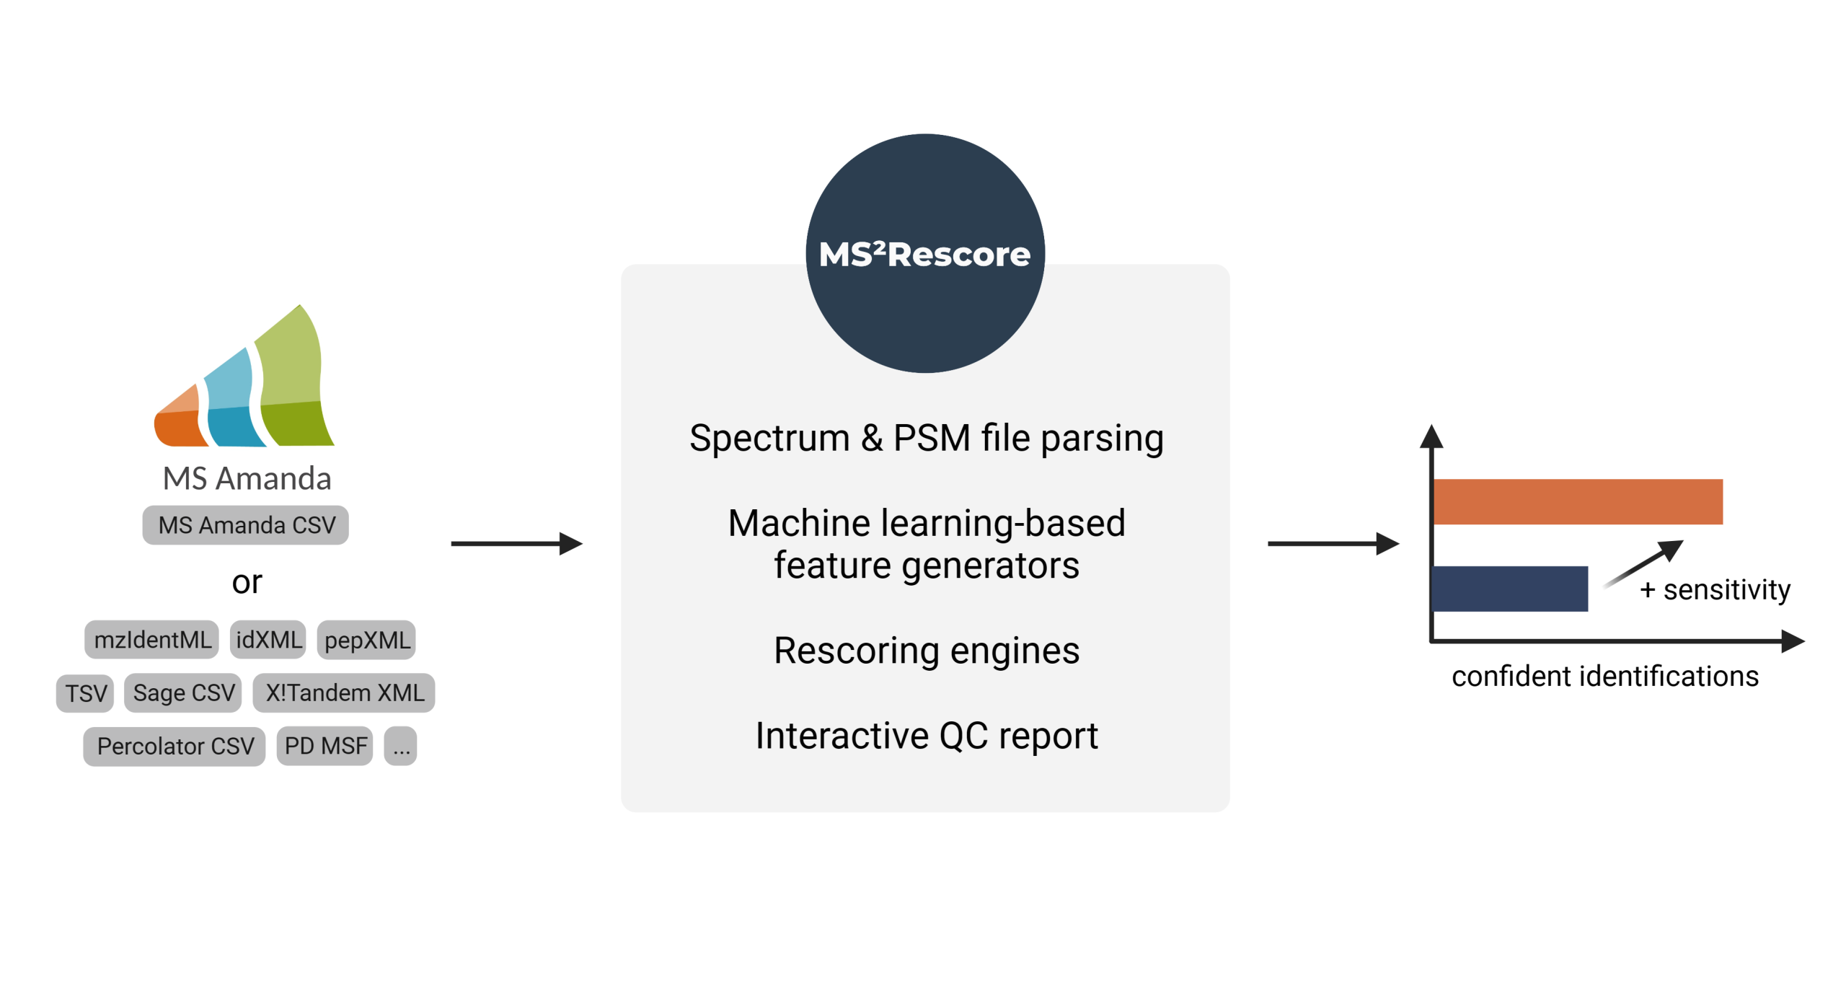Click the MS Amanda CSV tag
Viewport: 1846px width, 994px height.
245,524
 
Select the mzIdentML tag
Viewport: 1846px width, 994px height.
151,639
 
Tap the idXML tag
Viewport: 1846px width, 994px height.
268,639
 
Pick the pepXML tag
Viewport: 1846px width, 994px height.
366,639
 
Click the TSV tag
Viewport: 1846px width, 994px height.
85,692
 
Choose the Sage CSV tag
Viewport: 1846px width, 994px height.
183,692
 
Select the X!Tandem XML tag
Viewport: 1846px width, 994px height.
344,692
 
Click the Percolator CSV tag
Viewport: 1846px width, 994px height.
175,746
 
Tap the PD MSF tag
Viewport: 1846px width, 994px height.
325,746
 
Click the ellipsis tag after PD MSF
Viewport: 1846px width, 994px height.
401,746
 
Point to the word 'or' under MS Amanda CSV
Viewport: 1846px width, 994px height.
247,582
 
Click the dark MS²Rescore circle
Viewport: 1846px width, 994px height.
924,310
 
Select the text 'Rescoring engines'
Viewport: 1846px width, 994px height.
926,650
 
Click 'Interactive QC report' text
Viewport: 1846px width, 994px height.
926,735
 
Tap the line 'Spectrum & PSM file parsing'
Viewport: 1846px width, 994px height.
926,438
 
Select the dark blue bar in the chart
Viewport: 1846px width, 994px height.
1509,589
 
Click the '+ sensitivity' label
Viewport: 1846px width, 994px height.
1714,589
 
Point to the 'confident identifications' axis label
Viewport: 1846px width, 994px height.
1604,676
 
